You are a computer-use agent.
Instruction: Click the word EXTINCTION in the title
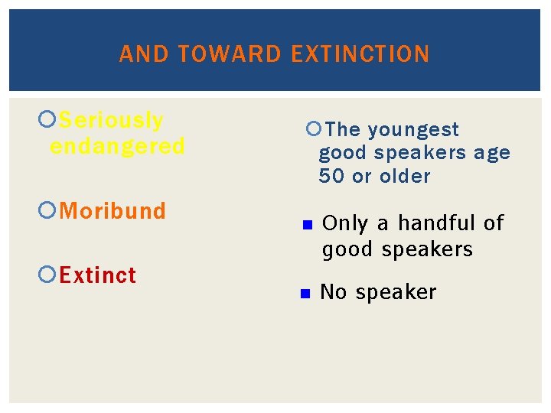(x=360, y=54)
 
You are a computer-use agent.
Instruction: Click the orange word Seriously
(x=111, y=121)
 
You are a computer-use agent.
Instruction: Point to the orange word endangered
(x=117, y=146)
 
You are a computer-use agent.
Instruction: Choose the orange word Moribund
(x=112, y=211)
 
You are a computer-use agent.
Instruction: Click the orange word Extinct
(x=98, y=275)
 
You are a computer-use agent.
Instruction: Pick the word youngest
(x=413, y=130)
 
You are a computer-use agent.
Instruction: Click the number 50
(x=332, y=177)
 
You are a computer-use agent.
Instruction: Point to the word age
(x=491, y=153)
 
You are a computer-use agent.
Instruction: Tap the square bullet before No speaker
(x=304, y=294)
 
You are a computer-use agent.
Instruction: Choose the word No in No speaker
(x=332, y=292)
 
